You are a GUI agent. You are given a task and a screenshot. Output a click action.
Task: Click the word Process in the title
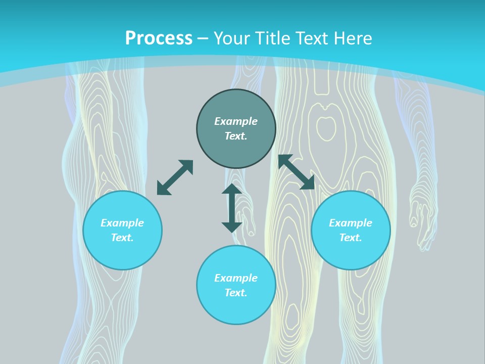[x=159, y=38]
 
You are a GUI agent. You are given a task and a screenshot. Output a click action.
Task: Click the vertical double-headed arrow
[x=232, y=208]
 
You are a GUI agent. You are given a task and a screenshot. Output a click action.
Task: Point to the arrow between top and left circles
[x=175, y=177]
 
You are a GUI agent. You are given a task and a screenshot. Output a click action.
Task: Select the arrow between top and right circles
[x=297, y=172]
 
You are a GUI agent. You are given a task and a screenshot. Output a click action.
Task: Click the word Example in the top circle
[x=236, y=121]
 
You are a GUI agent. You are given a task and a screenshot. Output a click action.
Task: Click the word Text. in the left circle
[x=122, y=238]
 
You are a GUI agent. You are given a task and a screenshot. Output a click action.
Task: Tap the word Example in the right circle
[x=351, y=223]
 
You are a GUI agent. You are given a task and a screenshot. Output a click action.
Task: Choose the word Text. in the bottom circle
[x=236, y=293]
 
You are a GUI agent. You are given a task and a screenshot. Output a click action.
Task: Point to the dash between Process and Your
[x=203, y=38]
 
